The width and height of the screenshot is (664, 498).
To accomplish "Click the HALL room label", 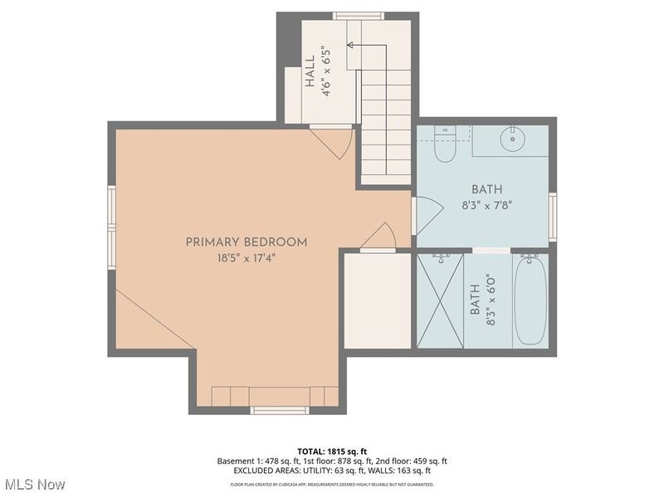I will (x=309, y=72).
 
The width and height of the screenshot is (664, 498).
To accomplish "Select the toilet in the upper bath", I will (x=445, y=145).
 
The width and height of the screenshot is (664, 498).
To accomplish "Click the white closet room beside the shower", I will (x=377, y=300).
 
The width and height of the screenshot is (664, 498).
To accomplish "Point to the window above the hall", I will (x=358, y=15).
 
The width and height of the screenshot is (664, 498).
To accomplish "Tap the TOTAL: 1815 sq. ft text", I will (x=331, y=452).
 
